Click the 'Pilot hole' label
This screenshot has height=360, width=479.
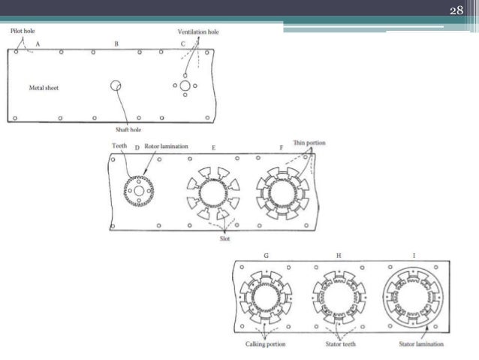coord(23,31)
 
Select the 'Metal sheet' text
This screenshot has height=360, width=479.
coord(44,88)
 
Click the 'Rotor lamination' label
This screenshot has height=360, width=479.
coord(166,147)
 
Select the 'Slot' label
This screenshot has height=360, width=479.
coord(224,239)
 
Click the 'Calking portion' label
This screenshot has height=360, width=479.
coord(267,343)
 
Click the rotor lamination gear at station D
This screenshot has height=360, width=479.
coord(138,192)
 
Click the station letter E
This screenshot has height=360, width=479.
coord(213,148)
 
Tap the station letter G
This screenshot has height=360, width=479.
coord(266,256)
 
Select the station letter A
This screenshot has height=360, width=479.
coord(39,44)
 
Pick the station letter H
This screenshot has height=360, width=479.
coord(339,256)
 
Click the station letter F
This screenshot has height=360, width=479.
coord(282,148)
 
